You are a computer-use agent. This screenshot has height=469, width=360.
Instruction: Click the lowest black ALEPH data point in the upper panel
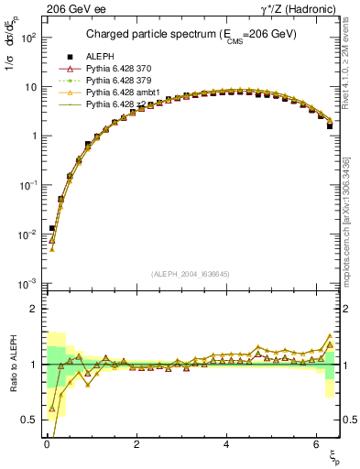52,228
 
